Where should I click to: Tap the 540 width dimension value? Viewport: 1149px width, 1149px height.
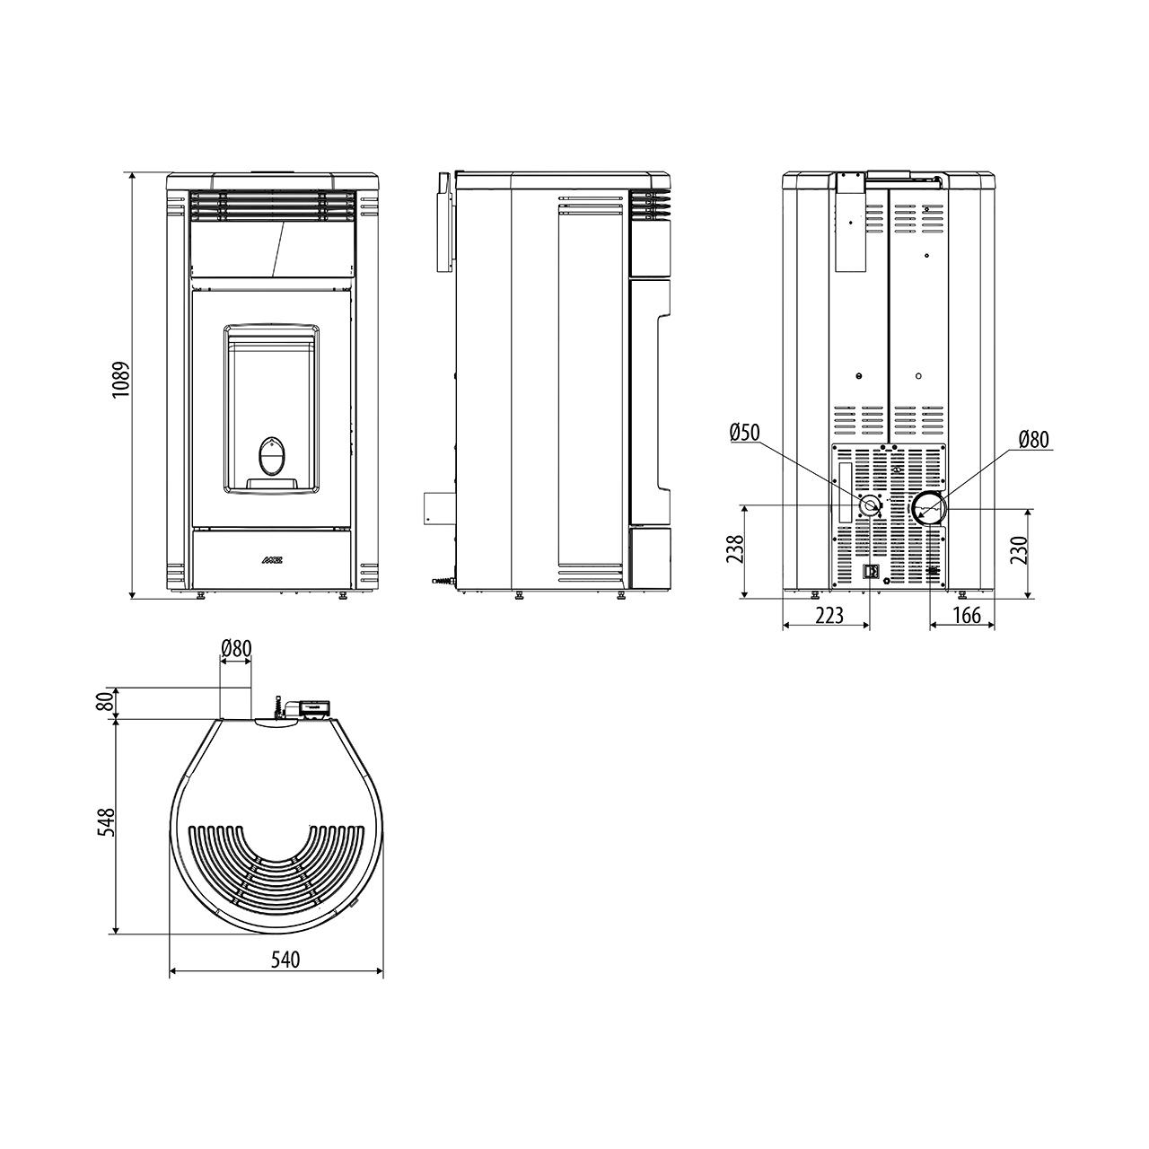pyautogui.click(x=285, y=960)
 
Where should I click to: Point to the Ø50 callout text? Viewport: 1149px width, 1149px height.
pyautogui.click(x=745, y=433)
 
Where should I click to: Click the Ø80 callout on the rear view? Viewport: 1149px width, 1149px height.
pyautogui.click(x=1033, y=440)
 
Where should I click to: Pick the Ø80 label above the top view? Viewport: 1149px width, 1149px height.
pyautogui.click(x=236, y=647)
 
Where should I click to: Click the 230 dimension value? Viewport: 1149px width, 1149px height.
pyautogui.click(x=1021, y=550)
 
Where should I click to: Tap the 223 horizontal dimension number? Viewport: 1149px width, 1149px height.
pyautogui.click(x=829, y=615)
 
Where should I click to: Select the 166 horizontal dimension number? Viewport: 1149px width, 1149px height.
pyautogui.click(x=966, y=615)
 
